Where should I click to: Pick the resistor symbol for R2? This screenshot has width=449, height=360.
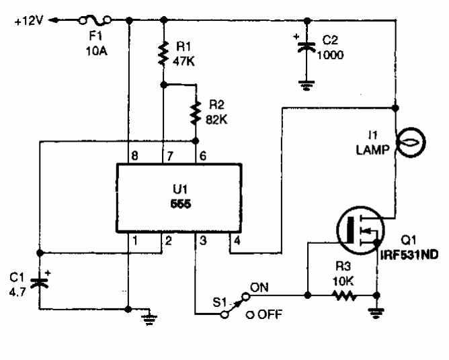click(196, 114)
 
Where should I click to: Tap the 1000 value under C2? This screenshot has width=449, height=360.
click(331, 56)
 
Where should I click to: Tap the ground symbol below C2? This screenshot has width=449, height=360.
click(307, 85)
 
